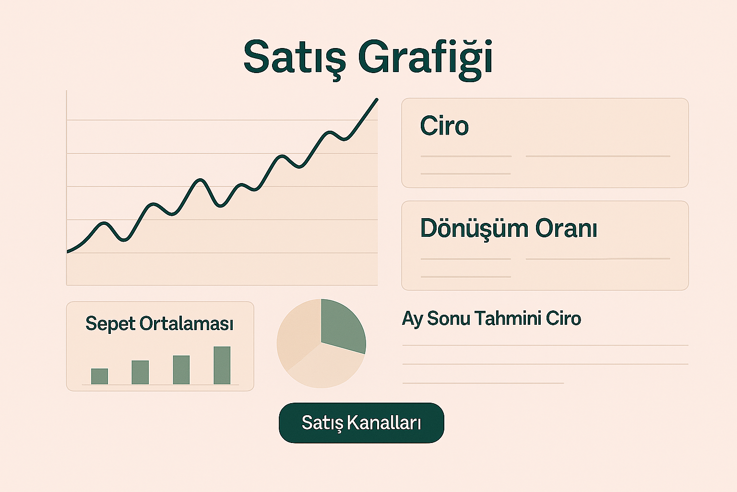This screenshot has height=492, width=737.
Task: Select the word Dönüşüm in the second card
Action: pyautogui.click(x=474, y=229)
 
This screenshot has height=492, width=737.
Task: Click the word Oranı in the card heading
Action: pyautogui.click(x=566, y=228)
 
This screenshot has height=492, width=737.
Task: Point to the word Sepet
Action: pyautogui.click(x=110, y=324)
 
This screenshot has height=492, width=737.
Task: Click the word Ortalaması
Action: pyautogui.click(x=187, y=323)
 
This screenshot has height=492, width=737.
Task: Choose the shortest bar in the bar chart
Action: pyautogui.click(x=99, y=376)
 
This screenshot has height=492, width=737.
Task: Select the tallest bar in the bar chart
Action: pyautogui.click(x=222, y=365)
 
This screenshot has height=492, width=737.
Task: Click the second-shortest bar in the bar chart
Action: pyautogui.click(x=140, y=372)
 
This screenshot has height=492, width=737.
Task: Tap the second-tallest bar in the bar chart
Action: pyautogui.click(x=181, y=370)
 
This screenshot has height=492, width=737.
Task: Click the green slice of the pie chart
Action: pyautogui.click(x=342, y=326)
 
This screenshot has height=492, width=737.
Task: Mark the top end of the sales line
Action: pyautogui.click(x=377, y=99)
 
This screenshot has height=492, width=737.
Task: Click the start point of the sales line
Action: pyautogui.click(x=68, y=252)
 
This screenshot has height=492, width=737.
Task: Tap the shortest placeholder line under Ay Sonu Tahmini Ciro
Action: pyautogui.click(x=483, y=383)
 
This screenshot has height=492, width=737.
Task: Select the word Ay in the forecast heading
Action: pyautogui.click(x=412, y=319)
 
